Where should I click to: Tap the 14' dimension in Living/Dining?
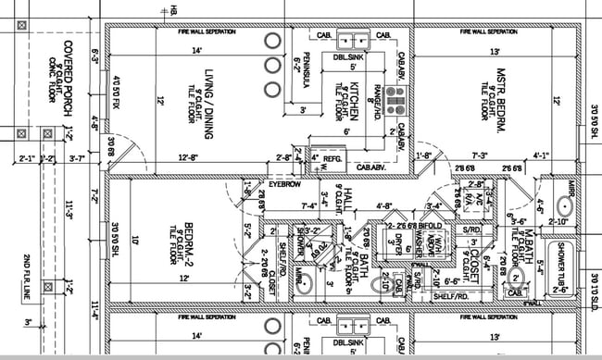[x=196, y=50]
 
